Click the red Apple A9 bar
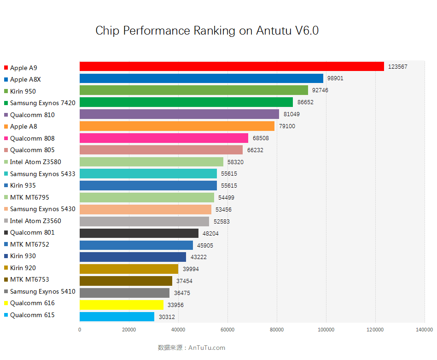click(x=232, y=66)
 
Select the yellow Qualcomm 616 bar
click(x=122, y=305)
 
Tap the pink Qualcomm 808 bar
click(x=164, y=138)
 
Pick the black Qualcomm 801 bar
click(x=139, y=233)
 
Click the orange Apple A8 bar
click(x=177, y=126)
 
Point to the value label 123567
click(x=397, y=67)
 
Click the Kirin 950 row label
click(x=23, y=91)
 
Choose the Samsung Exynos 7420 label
click(x=42, y=103)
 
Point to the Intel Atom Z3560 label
click(x=35, y=221)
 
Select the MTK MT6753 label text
click(x=29, y=279)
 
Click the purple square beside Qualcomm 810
click(x=6, y=115)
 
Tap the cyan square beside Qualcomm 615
click(x=6, y=315)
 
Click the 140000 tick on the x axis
click(x=424, y=330)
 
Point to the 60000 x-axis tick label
click(x=227, y=330)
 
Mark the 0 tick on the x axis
click(x=80, y=330)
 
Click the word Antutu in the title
click(x=273, y=31)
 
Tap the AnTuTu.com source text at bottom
click(x=207, y=348)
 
